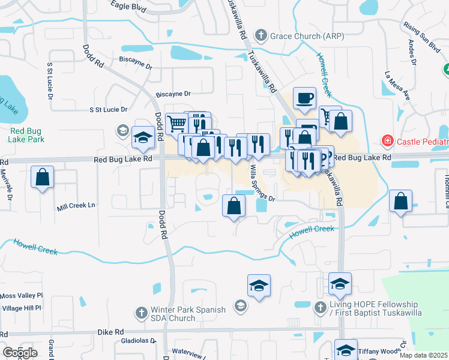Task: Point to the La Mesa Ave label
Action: tap(397, 86)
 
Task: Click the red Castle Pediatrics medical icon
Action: tap(388, 142)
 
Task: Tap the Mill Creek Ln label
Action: tap(76, 206)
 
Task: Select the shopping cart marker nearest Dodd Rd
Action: tap(176, 124)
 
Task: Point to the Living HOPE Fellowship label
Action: tap(377, 304)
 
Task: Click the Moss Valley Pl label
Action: tap(22, 296)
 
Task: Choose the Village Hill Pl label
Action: tap(22, 308)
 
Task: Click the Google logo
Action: tap(20, 353)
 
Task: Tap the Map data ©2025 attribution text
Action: tap(423, 355)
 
